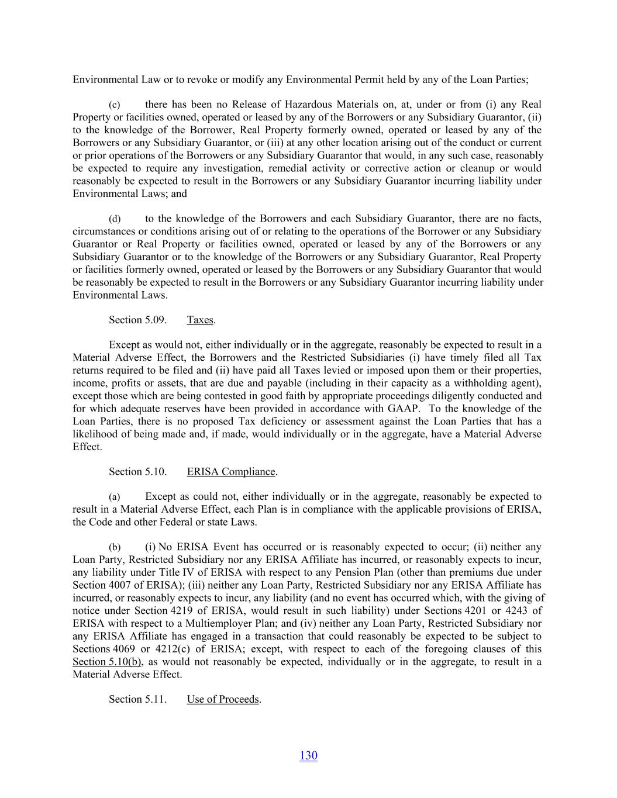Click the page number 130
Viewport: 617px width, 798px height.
(x=308, y=755)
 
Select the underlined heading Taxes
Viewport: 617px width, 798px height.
(x=200, y=320)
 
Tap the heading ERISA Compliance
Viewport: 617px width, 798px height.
(x=231, y=472)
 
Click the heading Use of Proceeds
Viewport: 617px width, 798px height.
(x=223, y=699)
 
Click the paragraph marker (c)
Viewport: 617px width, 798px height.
(x=115, y=105)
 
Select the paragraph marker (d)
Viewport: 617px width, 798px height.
(x=115, y=219)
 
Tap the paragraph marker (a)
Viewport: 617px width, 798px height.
(x=115, y=497)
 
